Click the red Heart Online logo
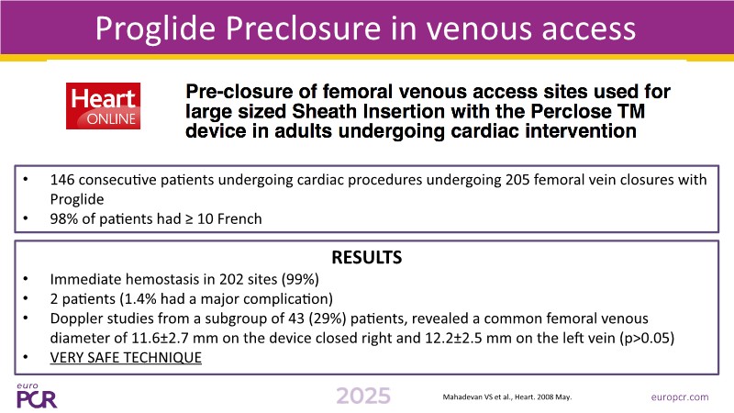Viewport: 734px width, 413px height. (103, 106)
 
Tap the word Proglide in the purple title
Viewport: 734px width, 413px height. (155, 28)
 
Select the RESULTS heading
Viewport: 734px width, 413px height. (366, 257)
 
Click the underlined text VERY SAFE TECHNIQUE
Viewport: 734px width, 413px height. (126, 357)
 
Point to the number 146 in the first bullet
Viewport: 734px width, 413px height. (62, 180)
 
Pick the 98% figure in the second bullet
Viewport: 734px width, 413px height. (64, 218)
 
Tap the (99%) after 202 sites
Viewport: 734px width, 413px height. (300, 280)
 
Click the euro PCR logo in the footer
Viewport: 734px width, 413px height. (37, 396)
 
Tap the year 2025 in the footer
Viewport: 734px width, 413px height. (363, 396)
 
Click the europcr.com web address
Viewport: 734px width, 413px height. (680, 397)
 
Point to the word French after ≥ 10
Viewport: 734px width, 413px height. (239, 218)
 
